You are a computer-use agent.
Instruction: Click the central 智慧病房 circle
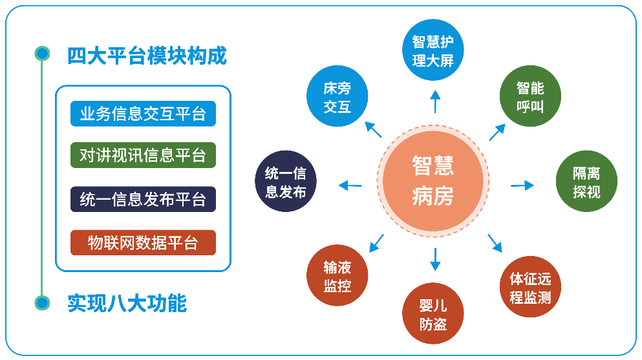[433, 181]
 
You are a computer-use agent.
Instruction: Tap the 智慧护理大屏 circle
[433, 50]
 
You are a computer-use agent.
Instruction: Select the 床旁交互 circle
[337, 96]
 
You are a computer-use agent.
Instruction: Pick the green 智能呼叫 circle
[530, 96]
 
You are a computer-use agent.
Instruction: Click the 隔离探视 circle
[586, 181]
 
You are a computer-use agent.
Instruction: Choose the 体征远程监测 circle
[530, 287]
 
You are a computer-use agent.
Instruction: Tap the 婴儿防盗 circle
[433, 313]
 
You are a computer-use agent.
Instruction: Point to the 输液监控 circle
[337, 275]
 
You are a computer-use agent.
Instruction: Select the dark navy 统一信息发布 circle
[286, 181]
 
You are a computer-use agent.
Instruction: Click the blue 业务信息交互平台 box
[143, 114]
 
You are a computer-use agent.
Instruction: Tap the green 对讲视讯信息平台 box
[143, 155]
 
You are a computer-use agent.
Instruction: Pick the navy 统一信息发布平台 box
[143, 199]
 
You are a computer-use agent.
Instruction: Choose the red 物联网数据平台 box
[143, 242]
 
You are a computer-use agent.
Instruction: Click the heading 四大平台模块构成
[147, 56]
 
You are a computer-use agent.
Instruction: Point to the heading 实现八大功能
[127, 303]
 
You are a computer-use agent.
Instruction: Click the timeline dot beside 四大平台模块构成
[42, 54]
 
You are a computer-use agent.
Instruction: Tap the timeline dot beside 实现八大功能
[42, 302]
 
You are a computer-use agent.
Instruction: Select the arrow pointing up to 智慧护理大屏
[435, 101]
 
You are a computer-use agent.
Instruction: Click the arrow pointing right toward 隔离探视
[522, 185]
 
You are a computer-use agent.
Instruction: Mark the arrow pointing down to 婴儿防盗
[435, 259]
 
